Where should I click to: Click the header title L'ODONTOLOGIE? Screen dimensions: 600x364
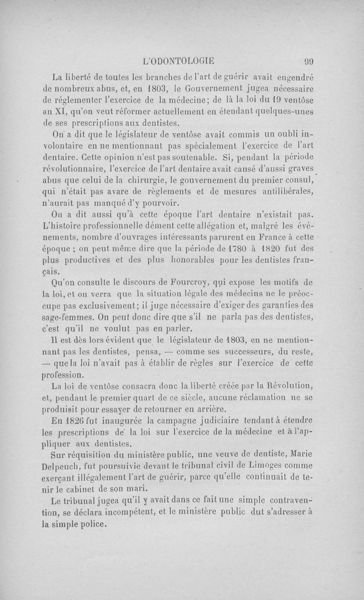(178, 63)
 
